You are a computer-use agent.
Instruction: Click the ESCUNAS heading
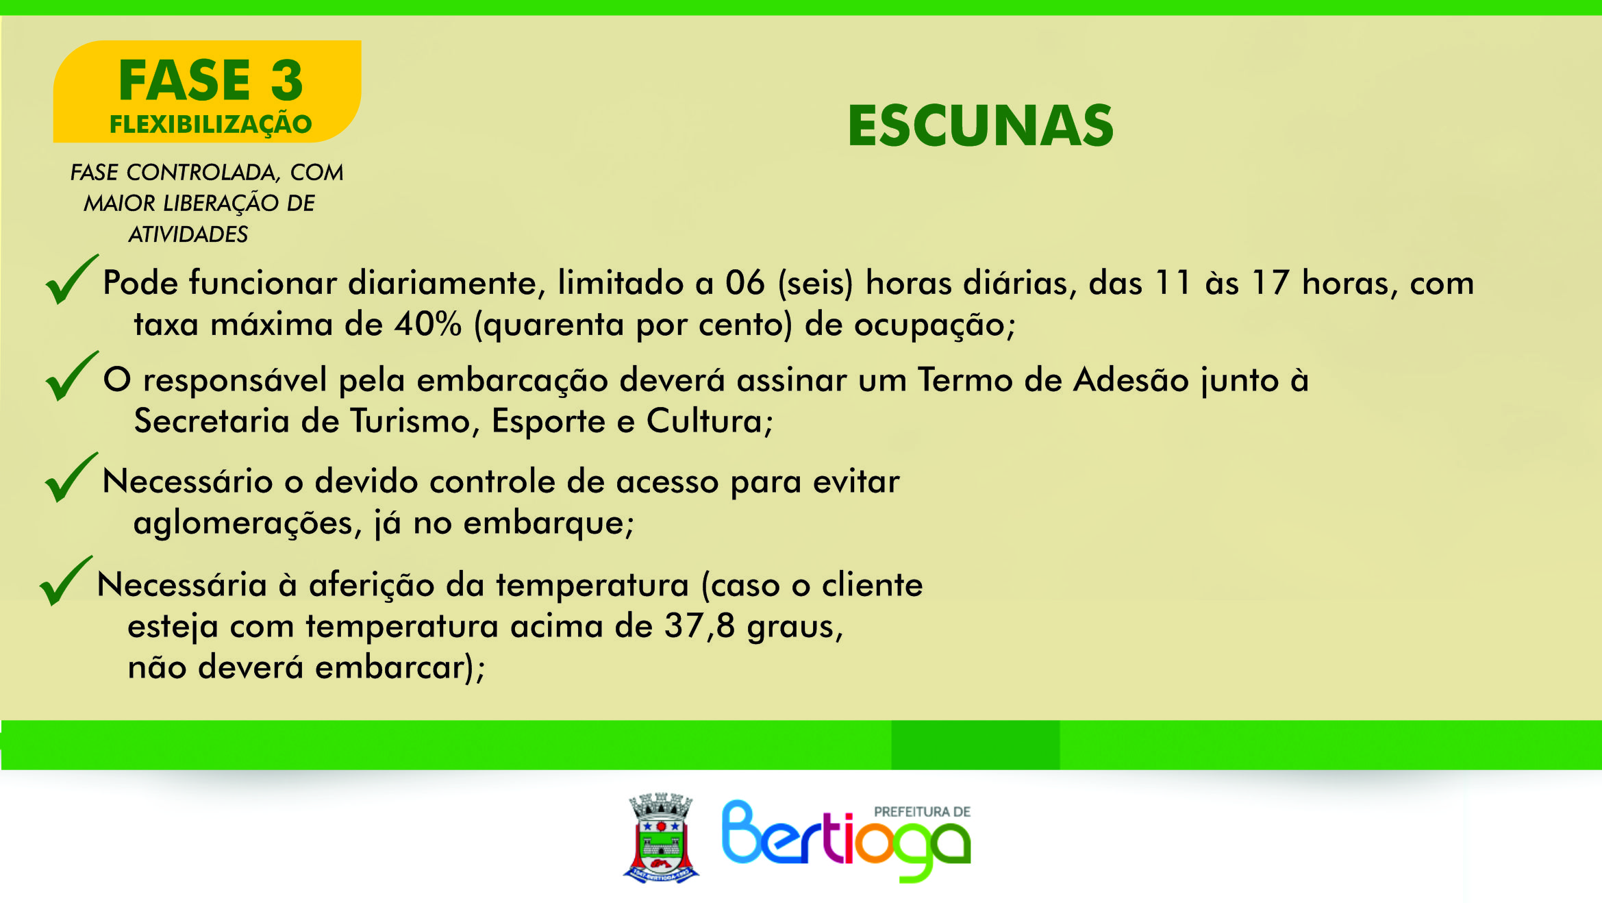(981, 125)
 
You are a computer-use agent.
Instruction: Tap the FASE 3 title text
(211, 80)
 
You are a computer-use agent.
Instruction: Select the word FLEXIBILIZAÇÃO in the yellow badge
(211, 125)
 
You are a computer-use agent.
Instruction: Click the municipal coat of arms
(661, 837)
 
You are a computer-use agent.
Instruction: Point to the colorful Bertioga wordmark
(847, 841)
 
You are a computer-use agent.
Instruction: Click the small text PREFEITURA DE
(922, 812)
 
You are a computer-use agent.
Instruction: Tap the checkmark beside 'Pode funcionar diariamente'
(71, 279)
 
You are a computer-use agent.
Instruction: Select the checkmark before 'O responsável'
(71, 375)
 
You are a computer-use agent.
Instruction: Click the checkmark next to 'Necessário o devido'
(71, 477)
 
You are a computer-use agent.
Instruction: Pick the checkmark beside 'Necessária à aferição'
(66, 580)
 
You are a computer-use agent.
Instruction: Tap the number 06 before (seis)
(745, 283)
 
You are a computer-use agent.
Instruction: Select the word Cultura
(710, 421)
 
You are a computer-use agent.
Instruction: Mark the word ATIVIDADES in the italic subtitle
(188, 234)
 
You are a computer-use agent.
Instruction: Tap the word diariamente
(447, 283)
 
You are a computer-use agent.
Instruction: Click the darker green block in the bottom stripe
(975, 745)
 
